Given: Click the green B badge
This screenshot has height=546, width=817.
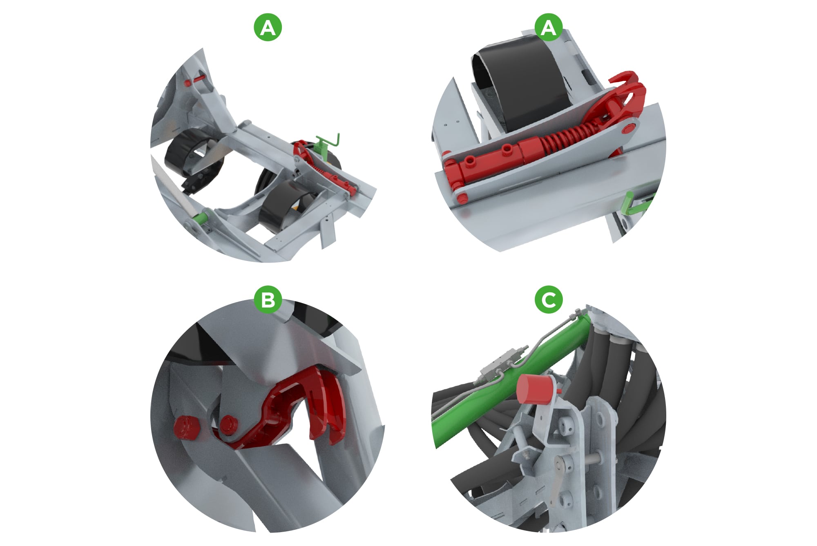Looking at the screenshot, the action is (268, 300).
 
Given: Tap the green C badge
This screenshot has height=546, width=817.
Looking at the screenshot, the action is (548, 300).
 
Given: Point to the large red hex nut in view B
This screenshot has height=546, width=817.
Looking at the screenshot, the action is (186, 428).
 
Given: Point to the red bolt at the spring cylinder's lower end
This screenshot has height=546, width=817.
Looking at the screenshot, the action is (461, 198).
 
